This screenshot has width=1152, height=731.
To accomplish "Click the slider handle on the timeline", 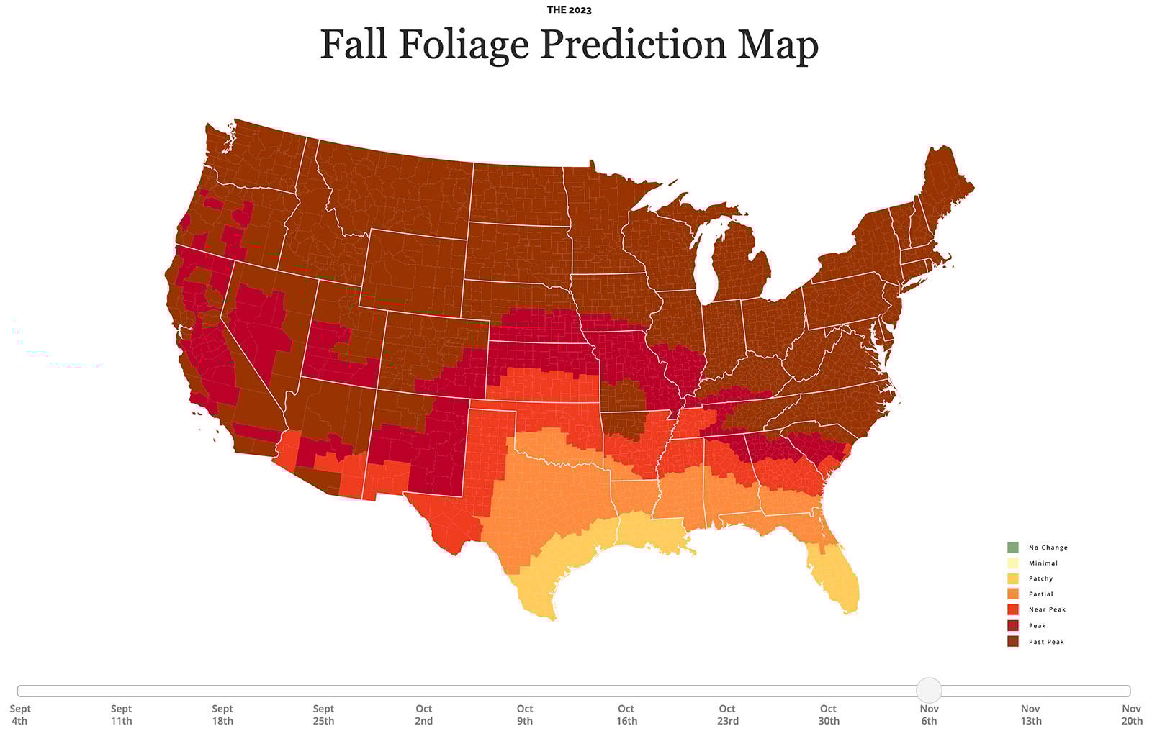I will point(929,690).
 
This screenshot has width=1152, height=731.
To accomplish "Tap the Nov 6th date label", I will point(929,714).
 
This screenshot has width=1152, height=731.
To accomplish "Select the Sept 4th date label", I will point(19,714).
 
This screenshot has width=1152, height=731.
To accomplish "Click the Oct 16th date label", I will point(626,714).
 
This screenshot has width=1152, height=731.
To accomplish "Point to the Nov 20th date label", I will point(1132,714).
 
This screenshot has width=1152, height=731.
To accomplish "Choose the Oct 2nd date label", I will point(423,714).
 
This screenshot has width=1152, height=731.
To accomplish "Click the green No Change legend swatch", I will point(1013,548).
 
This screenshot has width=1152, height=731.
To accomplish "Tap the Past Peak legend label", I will point(1046,642).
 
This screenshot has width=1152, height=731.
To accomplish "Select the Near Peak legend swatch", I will point(1013,609).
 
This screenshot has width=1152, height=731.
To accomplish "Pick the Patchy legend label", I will point(1040,578).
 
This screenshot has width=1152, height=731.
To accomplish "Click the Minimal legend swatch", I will point(1013,563).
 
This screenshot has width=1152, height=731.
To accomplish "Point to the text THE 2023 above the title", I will point(569,10).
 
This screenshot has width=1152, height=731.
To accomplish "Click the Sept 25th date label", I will point(323,714).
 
